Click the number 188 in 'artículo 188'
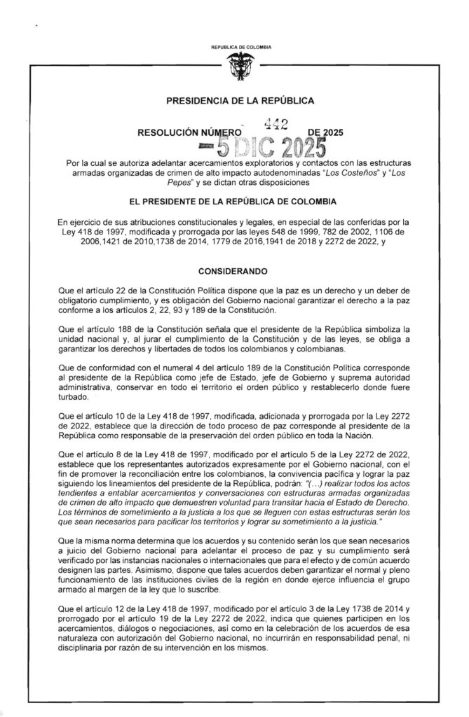150,328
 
